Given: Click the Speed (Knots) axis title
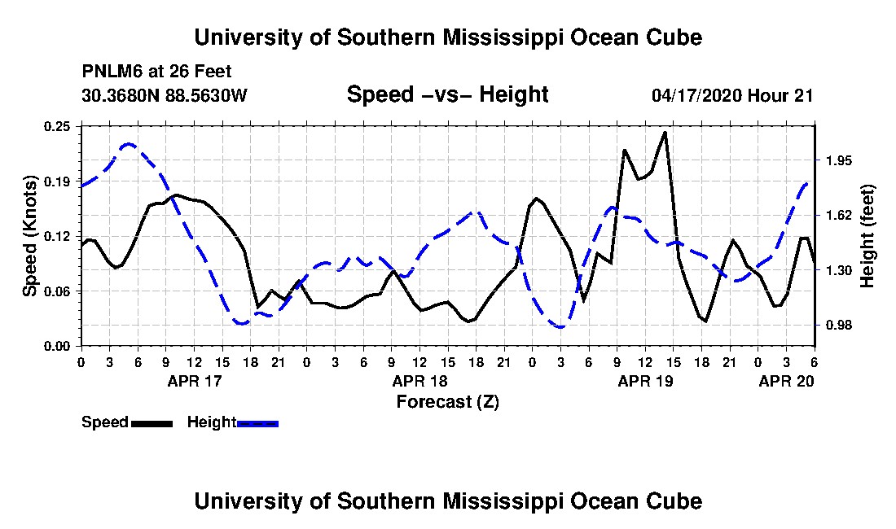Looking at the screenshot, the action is [x=30, y=236].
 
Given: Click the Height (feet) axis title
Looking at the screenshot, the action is [x=867, y=236].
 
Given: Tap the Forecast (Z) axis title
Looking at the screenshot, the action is [x=447, y=402].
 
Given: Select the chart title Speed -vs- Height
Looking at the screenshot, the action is [x=447, y=94].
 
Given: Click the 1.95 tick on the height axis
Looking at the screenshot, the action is [x=839, y=160].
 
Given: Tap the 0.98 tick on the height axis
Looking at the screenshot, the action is [x=839, y=326].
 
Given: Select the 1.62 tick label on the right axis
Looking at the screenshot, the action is [x=839, y=215].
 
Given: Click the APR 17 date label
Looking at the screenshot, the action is [x=195, y=381].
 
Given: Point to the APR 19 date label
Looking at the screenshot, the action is [x=646, y=381].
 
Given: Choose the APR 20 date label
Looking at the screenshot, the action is [x=786, y=381].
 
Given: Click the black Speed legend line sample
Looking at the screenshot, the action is [x=152, y=423].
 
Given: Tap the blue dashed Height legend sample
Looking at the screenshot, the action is [x=257, y=423].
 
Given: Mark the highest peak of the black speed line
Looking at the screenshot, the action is [x=665, y=133].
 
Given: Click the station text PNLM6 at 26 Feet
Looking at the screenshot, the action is [x=156, y=72].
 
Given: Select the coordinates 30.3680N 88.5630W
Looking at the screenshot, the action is [x=164, y=94].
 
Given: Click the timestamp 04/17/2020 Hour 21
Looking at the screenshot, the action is [x=732, y=94].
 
